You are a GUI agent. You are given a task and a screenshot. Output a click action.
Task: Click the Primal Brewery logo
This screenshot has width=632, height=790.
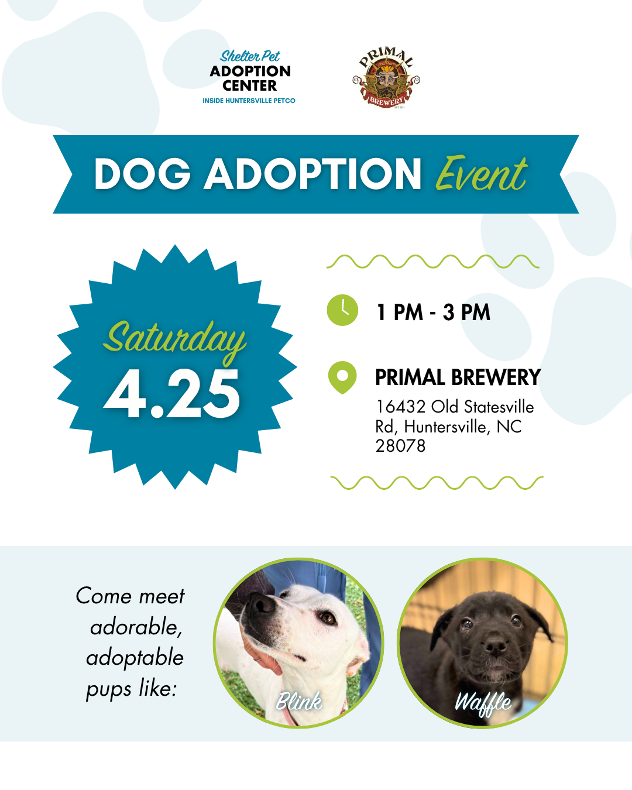pos(386,77)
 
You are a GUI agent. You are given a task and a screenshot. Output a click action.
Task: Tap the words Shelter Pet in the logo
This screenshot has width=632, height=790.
pos(250,56)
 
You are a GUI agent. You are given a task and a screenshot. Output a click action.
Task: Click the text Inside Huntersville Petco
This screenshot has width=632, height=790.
pos(249,101)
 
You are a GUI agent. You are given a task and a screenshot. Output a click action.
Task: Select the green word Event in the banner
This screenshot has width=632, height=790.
pos(482,174)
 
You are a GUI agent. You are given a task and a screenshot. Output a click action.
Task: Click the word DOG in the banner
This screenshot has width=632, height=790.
pos(142,174)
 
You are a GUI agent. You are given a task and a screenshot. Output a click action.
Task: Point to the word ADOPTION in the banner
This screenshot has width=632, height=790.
pos(312,174)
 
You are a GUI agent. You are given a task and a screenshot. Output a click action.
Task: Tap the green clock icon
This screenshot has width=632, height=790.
pos(342,310)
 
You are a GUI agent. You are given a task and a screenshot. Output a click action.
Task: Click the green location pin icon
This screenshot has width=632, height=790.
pos(342,377)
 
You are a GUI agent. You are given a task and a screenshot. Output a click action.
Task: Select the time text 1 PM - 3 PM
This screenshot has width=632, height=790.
pos(433,312)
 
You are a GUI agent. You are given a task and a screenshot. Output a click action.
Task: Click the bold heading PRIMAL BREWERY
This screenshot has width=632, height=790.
pos(458,377)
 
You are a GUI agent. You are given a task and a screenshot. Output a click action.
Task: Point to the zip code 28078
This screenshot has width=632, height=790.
pos(400,446)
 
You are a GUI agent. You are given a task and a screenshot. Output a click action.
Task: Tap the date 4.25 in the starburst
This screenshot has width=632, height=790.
pos(172,393)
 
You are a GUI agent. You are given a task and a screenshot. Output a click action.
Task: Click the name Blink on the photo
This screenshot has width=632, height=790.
pos(299,701)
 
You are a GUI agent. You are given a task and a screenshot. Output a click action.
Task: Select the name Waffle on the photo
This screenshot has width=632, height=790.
pos(483,703)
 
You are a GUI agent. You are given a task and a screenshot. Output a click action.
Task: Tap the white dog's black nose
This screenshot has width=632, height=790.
pos(262,604)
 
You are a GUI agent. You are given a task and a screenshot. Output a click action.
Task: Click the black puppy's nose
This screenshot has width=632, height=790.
pos(496,645)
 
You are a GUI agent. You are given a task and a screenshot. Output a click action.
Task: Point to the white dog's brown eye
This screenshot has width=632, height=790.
pos(327,618)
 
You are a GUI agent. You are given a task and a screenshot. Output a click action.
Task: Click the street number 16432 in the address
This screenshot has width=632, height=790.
pos(401,407)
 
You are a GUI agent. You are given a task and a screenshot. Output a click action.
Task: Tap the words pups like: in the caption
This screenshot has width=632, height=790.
pos(132,688)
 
